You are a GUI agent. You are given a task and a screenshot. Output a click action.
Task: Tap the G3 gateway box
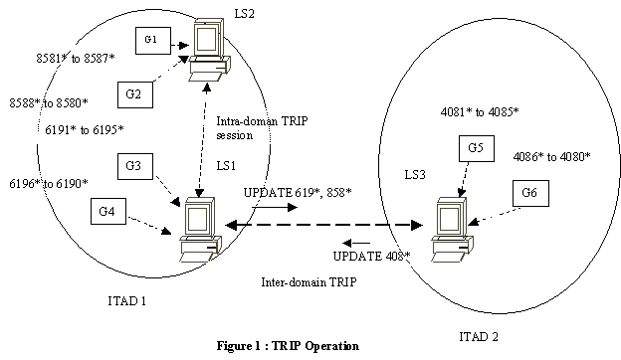tap(138, 164)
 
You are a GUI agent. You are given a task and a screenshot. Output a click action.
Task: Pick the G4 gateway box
tap(108, 211)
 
